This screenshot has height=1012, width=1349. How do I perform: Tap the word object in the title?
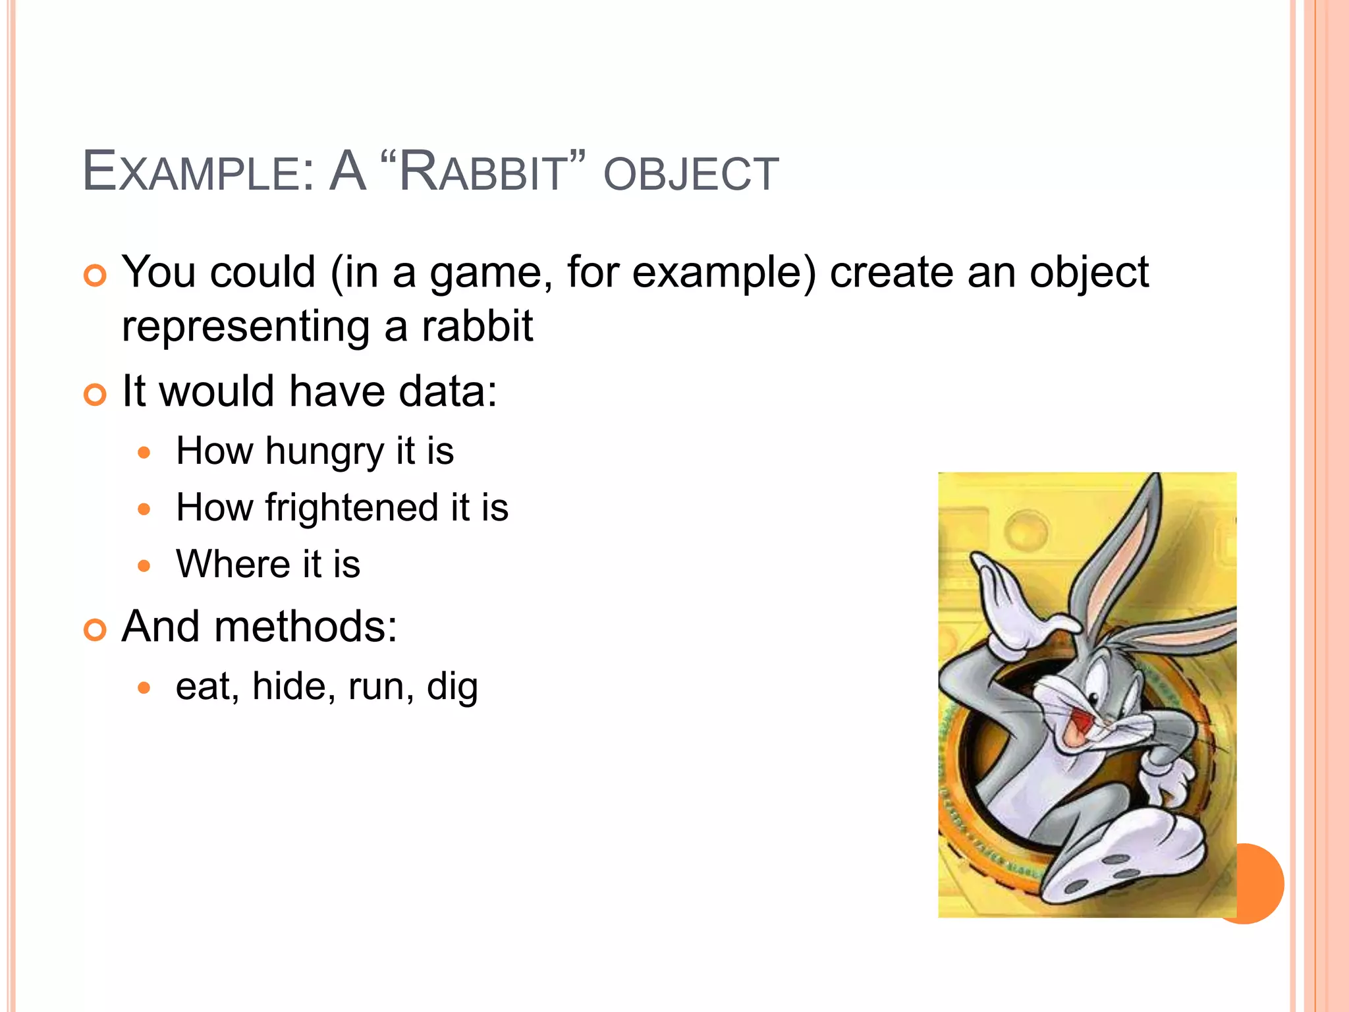691,174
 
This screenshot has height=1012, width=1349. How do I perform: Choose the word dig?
452,687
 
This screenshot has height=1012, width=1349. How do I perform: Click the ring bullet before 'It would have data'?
96,395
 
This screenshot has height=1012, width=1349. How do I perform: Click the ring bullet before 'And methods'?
96,630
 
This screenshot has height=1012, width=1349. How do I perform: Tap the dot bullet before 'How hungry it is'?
145,453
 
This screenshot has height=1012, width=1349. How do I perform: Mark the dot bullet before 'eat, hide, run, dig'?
145,689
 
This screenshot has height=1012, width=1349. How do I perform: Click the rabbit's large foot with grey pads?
1120,857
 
